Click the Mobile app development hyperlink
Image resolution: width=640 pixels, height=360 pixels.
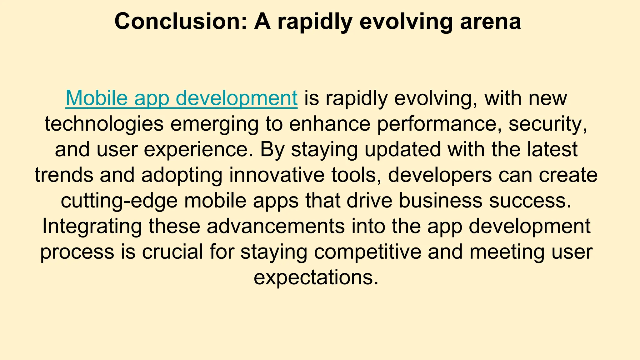(181, 98)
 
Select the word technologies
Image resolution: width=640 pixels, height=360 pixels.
(104, 124)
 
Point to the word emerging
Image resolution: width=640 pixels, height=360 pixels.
(214, 124)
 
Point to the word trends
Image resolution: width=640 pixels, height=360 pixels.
(64, 175)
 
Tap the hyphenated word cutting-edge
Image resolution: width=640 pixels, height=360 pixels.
(119, 201)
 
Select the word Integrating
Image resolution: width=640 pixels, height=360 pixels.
(92, 227)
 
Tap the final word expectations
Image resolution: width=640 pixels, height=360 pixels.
(316, 278)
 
